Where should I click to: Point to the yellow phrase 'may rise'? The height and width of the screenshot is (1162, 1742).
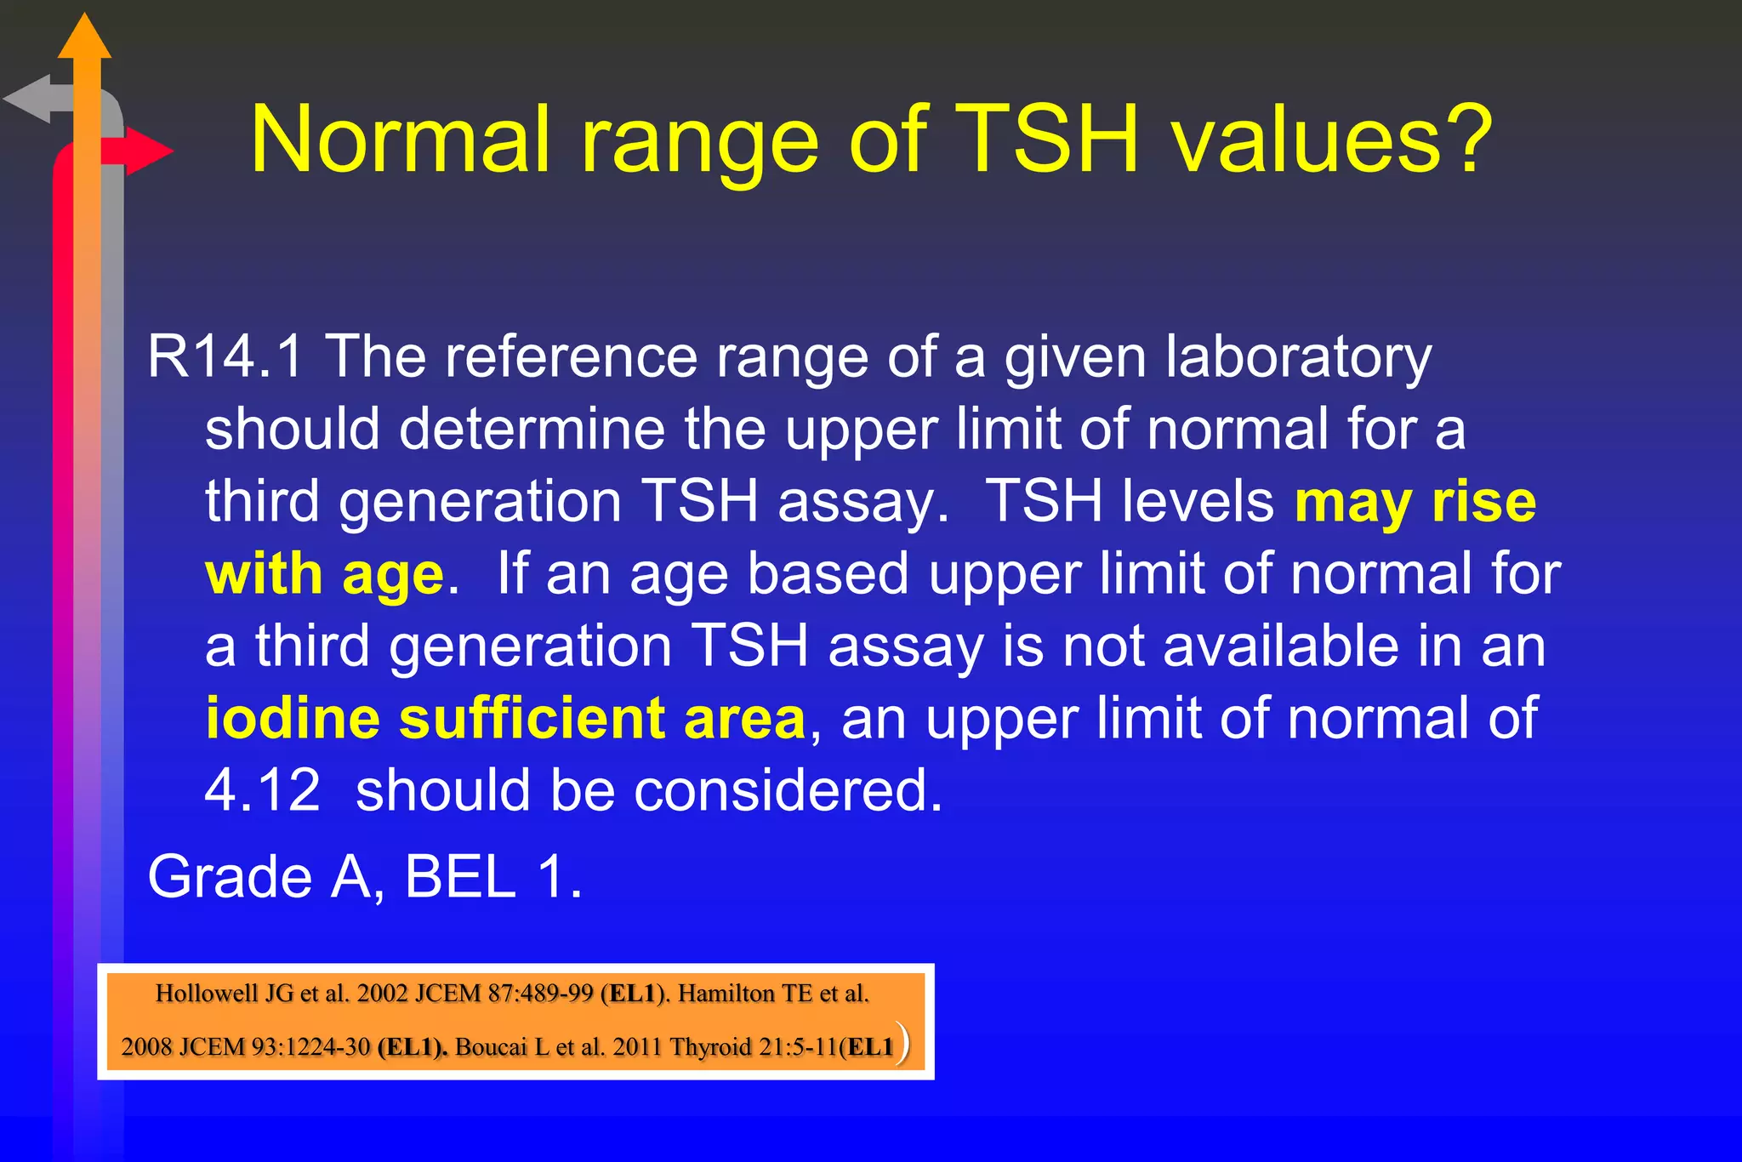coord(1415,501)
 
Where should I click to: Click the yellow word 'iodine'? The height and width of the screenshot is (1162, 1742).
coord(293,718)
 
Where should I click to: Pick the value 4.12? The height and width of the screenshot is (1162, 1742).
coord(263,790)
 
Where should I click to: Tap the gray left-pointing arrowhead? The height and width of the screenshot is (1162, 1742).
coord(28,99)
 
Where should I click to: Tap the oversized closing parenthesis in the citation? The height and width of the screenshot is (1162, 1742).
coord(903,1044)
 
